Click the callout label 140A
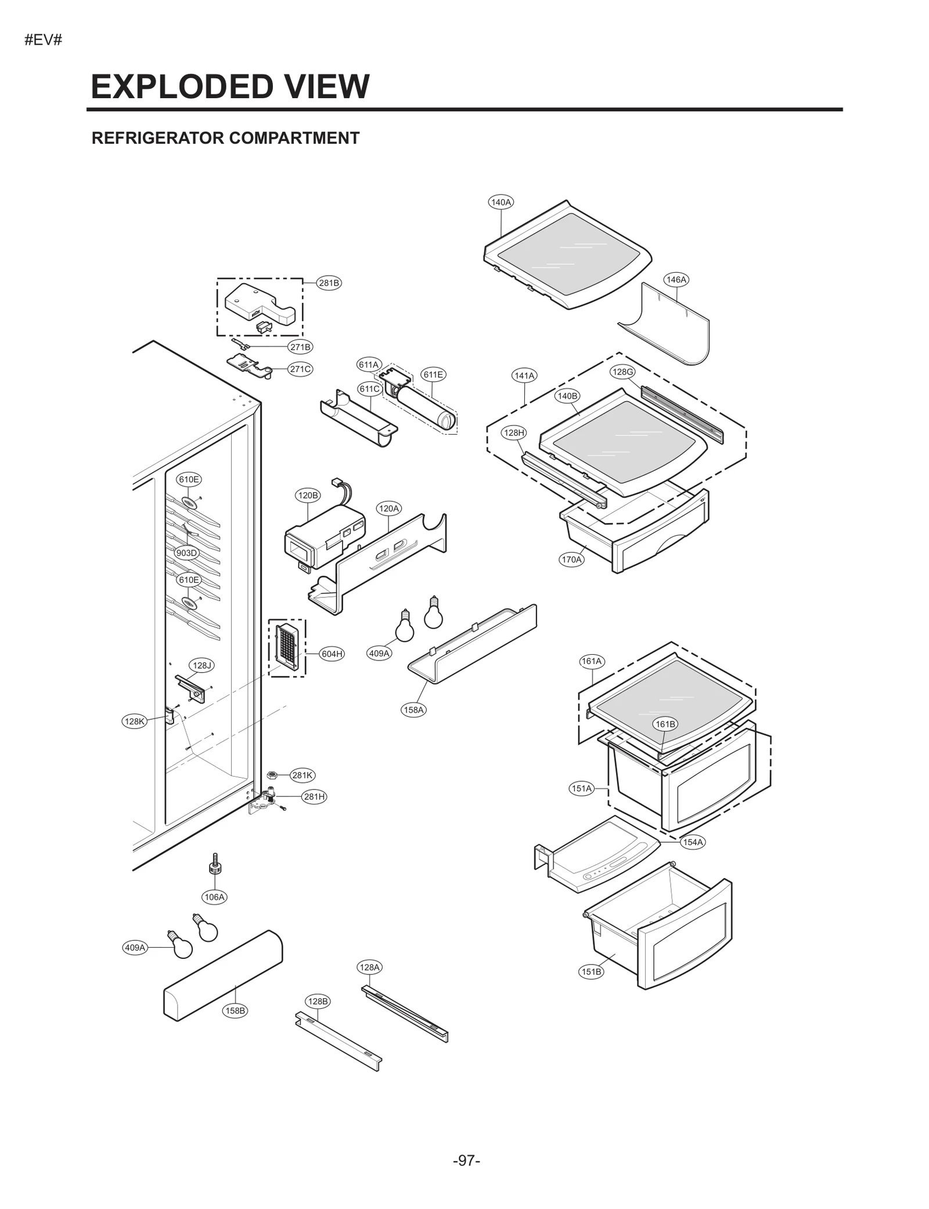[x=500, y=202]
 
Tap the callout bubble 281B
[x=329, y=283]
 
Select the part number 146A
[x=676, y=280]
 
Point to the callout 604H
[x=332, y=654]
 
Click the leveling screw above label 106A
[x=215, y=864]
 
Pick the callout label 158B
[x=235, y=1010]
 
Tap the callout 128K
[x=135, y=721]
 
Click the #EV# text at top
[x=43, y=41]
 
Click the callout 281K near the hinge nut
[x=302, y=775]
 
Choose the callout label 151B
[x=591, y=972]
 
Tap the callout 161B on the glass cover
[x=665, y=724]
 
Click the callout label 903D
[x=187, y=553]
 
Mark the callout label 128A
[x=369, y=967]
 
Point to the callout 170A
[x=571, y=560]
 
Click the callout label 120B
[x=308, y=495]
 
